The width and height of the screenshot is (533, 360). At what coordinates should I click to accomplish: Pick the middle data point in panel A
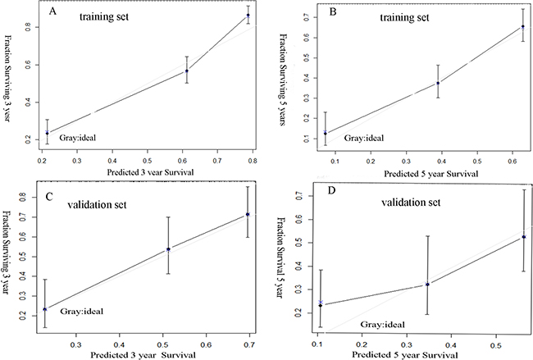tap(187, 71)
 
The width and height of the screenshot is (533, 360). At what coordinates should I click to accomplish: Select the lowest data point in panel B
tap(303, 133)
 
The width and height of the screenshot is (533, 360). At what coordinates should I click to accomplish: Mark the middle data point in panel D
tap(427, 284)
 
